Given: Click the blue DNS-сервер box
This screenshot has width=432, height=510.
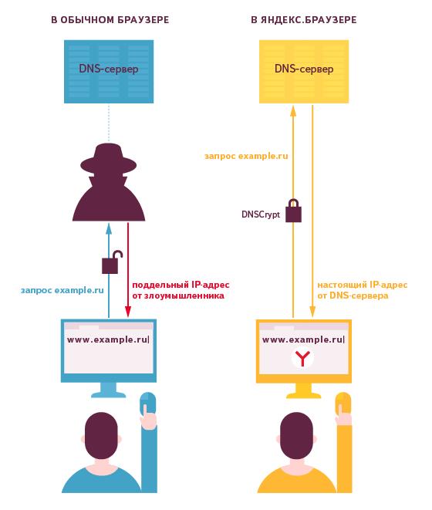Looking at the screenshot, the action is tap(109, 72).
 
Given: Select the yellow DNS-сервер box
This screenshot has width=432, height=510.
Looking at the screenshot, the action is tap(304, 72).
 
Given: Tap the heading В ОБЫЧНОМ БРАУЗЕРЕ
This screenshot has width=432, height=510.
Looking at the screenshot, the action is tap(110, 20).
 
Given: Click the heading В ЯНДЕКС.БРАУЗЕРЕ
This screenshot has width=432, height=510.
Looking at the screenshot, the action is tap(304, 20).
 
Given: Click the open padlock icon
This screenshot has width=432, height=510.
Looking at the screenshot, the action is tap(112, 262).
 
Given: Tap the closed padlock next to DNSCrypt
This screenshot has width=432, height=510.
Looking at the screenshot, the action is tap(293, 211).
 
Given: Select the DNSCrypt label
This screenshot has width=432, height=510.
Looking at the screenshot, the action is tap(261, 214).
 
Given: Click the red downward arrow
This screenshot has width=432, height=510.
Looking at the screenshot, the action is tap(128, 270).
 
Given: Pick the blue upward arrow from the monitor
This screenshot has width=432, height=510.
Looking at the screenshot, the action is tap(109, 271).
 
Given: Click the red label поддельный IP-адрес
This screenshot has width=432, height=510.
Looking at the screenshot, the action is tap(181, 285).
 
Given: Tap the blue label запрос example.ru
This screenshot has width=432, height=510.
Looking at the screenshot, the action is tap(62, 290).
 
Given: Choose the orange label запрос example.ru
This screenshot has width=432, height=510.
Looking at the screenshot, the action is tap(246, 156).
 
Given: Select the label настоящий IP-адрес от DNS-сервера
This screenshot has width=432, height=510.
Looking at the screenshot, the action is tap(362, 290).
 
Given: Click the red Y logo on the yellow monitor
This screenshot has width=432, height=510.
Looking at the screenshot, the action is tap(302, 358).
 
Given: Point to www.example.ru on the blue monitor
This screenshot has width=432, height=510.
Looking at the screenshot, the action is tap(107, 340).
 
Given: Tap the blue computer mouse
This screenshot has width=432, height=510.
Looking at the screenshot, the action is tap(148, 404).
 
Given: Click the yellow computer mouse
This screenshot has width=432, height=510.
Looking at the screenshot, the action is tap(343, 404).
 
